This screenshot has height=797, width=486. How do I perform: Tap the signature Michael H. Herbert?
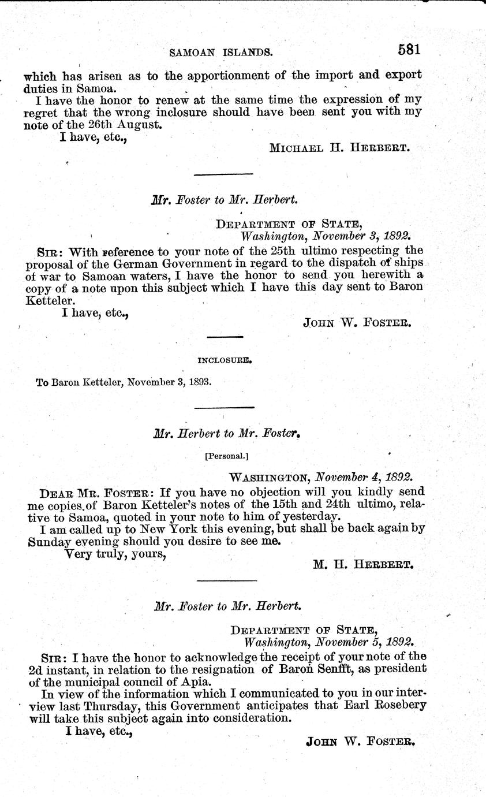pyautogui.click(x=339, y=147)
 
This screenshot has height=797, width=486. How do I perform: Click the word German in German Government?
pyautogui.click(x=125, y=264)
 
